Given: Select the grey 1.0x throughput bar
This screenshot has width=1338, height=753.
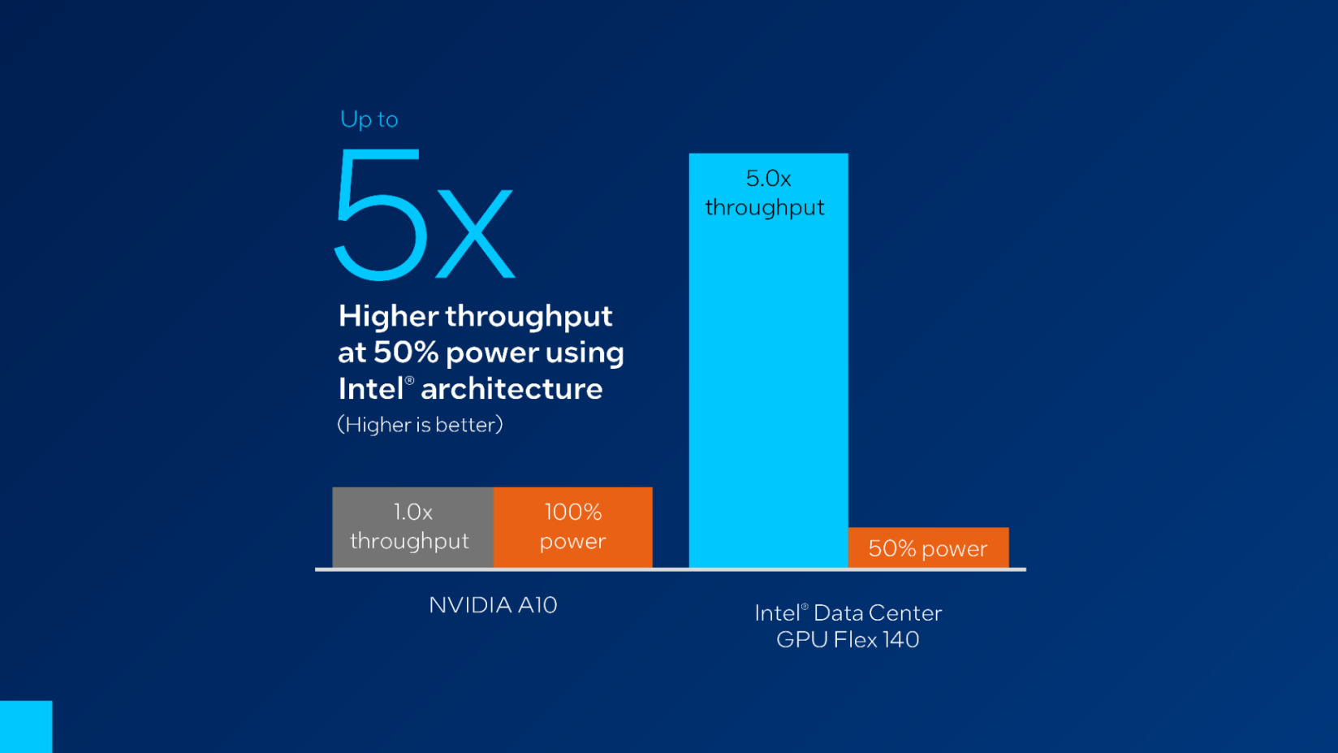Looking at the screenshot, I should [x=412, y=526].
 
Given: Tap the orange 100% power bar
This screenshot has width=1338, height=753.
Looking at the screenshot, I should [x=572, y=526].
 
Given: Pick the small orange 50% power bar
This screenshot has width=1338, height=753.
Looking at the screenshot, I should [x=928, y=547].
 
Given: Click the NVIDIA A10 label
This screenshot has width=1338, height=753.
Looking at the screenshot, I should [x=493, y=605].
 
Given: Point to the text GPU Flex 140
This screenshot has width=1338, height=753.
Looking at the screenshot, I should [x=848, y=640].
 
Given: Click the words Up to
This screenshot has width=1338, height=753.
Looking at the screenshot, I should [x=369, y=119].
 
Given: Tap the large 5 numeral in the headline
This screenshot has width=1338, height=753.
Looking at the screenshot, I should [x=380, y=215].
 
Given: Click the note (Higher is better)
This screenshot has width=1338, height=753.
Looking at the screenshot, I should [x=420, y=425].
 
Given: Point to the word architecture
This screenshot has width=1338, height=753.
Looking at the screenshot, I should [x=511, y=389].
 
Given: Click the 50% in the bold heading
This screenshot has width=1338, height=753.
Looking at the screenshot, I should [x=406, y=353].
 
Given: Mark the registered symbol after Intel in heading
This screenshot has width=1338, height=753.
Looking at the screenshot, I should [x=409, y=380].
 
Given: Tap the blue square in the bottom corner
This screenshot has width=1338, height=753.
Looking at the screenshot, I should [x=26, y=726].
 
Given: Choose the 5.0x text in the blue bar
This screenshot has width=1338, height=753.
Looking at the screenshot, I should [x=768, y=179].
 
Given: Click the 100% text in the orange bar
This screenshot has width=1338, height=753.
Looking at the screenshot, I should [x=572, y=512].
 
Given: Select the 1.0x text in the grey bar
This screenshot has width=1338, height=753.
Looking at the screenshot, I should [x=412, y=512].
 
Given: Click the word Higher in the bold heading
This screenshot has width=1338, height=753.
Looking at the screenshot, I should [x=388, y=316].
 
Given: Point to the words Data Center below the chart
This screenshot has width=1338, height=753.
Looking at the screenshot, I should [x=878, y=613].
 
